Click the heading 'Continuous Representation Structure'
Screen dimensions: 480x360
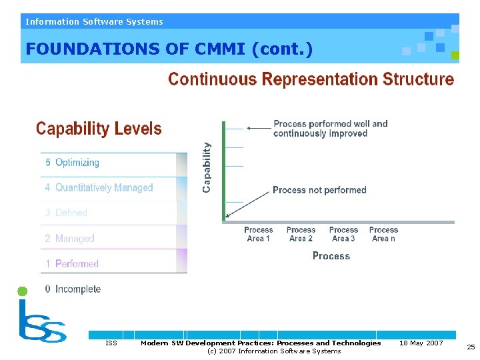311,80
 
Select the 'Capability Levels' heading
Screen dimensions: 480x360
99,129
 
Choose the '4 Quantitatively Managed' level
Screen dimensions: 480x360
99,188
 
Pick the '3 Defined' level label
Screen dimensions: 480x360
66,213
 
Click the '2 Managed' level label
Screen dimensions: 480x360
69,238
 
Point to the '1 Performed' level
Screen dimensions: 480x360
72,263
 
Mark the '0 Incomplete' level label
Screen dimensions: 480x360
73,289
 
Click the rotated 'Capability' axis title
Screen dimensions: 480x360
207,167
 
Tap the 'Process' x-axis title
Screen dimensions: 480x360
331,256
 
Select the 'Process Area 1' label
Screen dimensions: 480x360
259,234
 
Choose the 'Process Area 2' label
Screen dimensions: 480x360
301,234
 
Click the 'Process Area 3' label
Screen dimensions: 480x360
343,234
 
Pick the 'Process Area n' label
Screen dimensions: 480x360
383,234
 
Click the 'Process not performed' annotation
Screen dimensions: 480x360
319,190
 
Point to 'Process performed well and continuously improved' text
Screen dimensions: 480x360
330,129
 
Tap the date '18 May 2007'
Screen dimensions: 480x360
421,343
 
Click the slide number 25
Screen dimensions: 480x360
471,347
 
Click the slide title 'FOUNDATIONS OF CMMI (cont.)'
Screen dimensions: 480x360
169,49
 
